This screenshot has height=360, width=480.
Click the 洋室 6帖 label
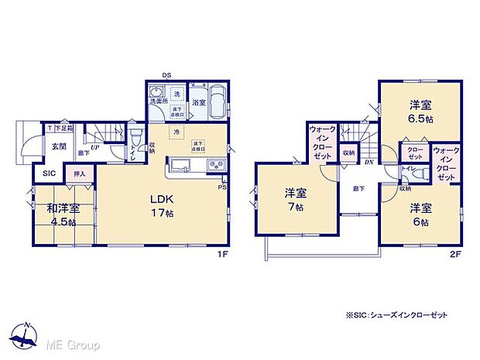click(x=422, y=214)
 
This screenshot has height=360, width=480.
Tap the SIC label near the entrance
click(x=48, y=173)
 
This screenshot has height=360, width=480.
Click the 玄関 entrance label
click(x=58, y=146)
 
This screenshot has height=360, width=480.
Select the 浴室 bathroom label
click(x=199, y=102)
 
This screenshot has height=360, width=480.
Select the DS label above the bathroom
click(x=166, y=75)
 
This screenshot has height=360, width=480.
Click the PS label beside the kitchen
click(x=223, y=187)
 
